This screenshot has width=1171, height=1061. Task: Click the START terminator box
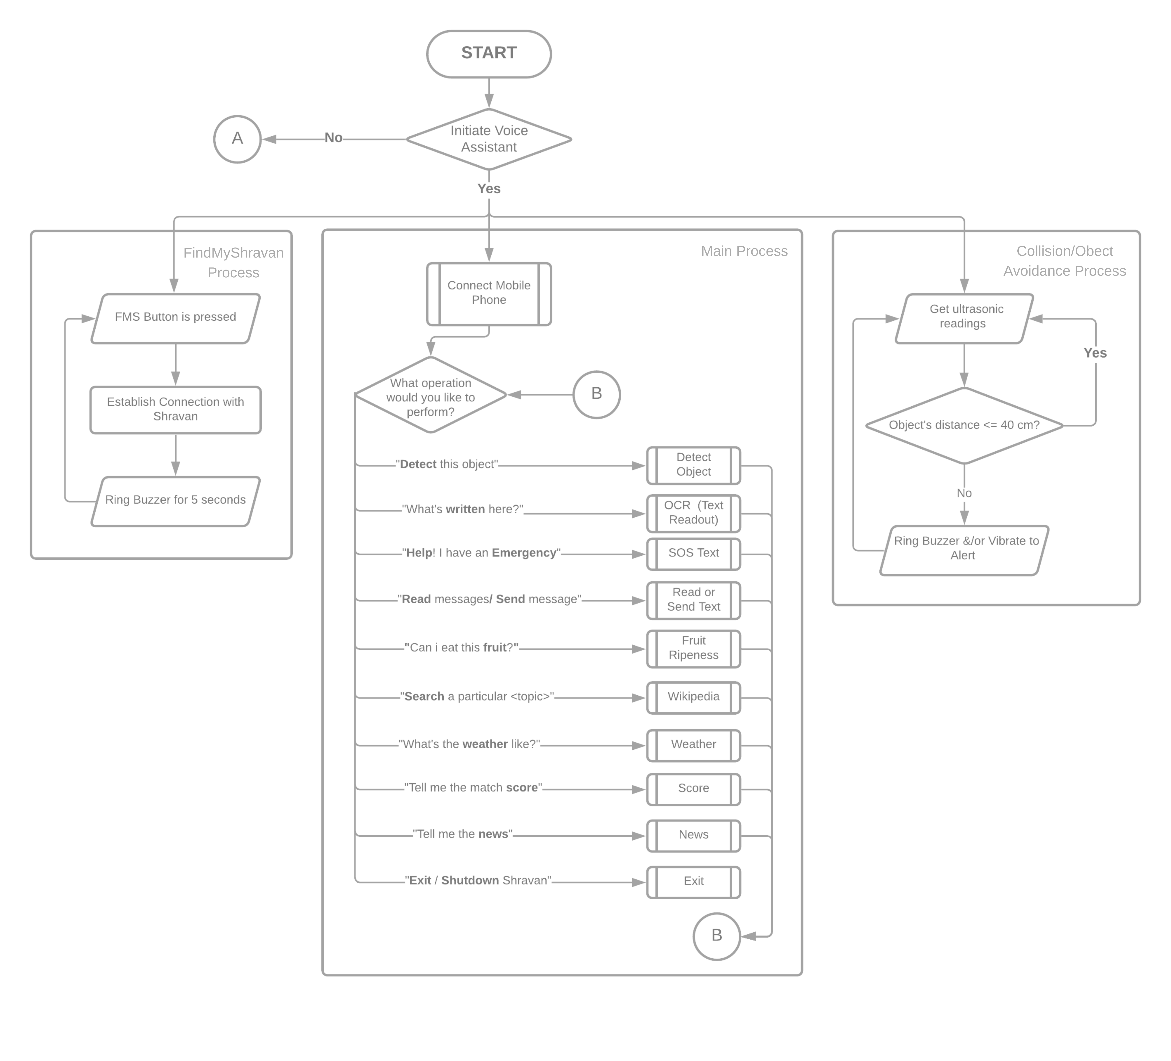[488, 53]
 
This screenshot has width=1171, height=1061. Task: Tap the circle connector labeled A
[237, 139]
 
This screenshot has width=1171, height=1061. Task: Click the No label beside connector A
[333, 138]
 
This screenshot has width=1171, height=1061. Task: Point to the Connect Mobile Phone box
[488, 293]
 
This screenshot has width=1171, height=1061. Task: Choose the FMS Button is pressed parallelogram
[175, 318]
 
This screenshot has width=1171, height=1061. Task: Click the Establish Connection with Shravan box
[175, 410]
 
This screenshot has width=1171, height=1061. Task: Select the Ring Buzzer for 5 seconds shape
[175, 501]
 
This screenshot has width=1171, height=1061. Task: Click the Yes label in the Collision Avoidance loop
[1095, 353]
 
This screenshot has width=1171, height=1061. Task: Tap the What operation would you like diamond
[430, 395]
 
